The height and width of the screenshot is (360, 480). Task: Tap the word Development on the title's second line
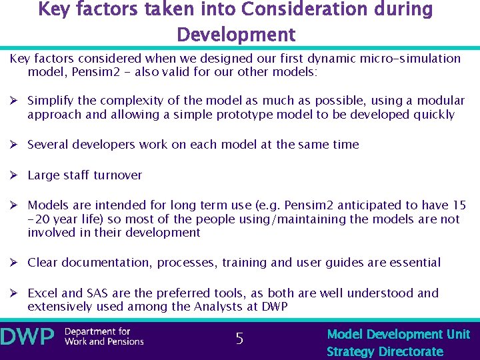click(x=236, y=34)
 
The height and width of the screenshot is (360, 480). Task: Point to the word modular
click(x=435, y=101)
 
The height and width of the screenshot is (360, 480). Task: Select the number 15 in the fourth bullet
click(x=459, y=205)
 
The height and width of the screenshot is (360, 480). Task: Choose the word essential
click(x=413, y=263)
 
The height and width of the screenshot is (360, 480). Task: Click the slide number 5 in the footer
click(x=239, y=339)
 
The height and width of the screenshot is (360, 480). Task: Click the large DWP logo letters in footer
click(x=28, y=337)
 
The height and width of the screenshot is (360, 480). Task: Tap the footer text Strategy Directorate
click(x=385, y=351)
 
